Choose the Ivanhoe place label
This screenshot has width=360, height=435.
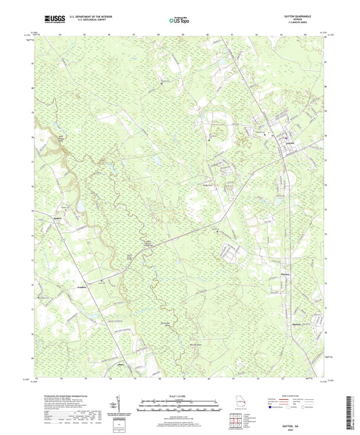78,286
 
